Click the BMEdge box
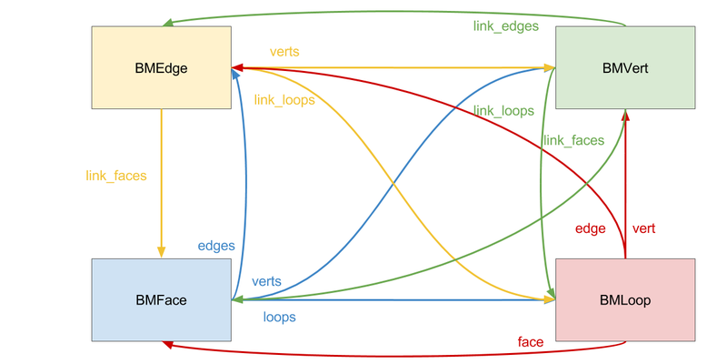tap(161, 67)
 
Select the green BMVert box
tap(625, 67)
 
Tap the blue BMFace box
tap(161, 299)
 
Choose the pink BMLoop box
tap(625, 299)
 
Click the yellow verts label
tap(284, 52)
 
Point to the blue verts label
tap(266, 281)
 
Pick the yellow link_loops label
tap(284, 100)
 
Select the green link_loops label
tap(503, 111)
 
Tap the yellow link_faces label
tap(116, 175)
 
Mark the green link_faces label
tap(573, 140)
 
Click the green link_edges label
tap(506, 26)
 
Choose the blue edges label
tap(216, 246)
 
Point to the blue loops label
tap(279, 318)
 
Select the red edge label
tap(590, 228)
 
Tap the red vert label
tap(643, 228)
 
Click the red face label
tap(531, 342)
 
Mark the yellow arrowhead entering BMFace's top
tap(161, 252)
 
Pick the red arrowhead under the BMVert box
tap(625, 115)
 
